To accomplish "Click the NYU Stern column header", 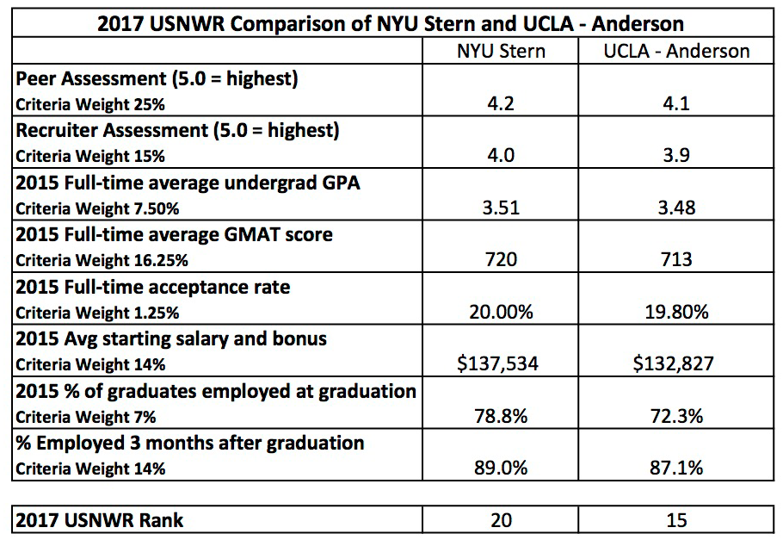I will (500, 51).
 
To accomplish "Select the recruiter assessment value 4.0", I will (500, 157).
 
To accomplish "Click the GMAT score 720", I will (500, 260).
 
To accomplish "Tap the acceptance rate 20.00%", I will (500, 312).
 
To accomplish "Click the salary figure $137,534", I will (500, 364).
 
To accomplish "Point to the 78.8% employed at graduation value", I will (500, 416).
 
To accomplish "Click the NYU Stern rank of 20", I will (500, 520).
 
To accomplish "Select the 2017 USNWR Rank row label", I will (100, 520).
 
